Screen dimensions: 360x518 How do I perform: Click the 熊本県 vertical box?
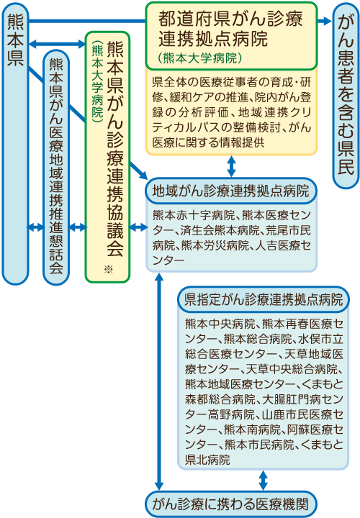coord(15,144)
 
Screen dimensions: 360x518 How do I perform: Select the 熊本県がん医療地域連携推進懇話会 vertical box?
coord(56,168)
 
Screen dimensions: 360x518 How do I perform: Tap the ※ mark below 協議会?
coord(108,270)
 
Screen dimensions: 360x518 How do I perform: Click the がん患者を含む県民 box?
coord(346,96)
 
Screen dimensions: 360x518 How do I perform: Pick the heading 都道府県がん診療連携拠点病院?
coord(230,29)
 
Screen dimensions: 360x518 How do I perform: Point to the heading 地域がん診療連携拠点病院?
coord(230,191)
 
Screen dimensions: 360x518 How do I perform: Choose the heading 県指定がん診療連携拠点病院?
coord(264,299)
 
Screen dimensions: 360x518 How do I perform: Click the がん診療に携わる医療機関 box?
coord(231,504)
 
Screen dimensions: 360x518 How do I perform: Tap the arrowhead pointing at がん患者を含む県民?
coord(327,21)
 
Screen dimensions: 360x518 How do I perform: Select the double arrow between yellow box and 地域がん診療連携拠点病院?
coord(231,166)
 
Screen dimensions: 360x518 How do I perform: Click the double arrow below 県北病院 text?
coord(263,481)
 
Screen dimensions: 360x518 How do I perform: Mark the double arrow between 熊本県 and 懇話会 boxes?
coord(36,227)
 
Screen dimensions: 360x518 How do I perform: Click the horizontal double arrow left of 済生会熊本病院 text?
coord(138,227)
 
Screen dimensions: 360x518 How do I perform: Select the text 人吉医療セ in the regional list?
coord(283,245)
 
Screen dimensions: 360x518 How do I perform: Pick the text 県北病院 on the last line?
coord(207,460)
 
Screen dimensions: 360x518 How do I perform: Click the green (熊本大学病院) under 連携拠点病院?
coord(200,58)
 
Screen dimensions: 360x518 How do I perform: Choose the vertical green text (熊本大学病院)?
coord(98,82)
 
